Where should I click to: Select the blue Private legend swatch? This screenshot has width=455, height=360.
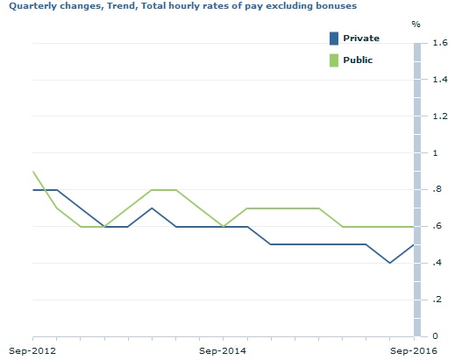pos(333,38)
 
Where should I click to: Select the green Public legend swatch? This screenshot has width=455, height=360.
pos(333,60)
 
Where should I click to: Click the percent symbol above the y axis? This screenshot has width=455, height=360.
pos(416,24)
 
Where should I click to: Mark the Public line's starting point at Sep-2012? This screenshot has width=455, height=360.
pos(33,172)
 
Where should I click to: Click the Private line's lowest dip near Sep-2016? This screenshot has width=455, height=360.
pos(389,263)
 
